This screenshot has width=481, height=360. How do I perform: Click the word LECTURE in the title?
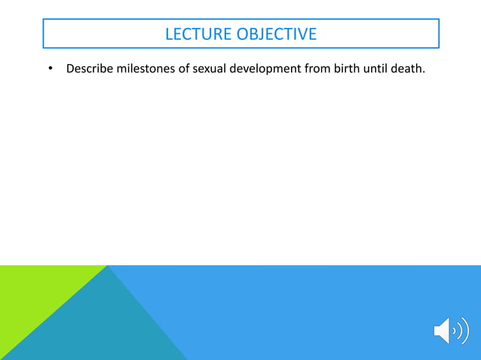tap(198, 34)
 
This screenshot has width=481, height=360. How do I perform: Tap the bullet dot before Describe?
tap(51, 71)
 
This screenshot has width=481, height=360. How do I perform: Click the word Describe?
tap(90, 70)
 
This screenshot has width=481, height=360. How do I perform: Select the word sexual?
tap(216, 70)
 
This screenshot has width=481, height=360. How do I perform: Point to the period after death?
tap(435, 74)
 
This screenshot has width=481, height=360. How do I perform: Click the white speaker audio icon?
tap(450, 331)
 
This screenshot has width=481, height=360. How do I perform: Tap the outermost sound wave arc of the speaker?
tap(465, 331)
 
